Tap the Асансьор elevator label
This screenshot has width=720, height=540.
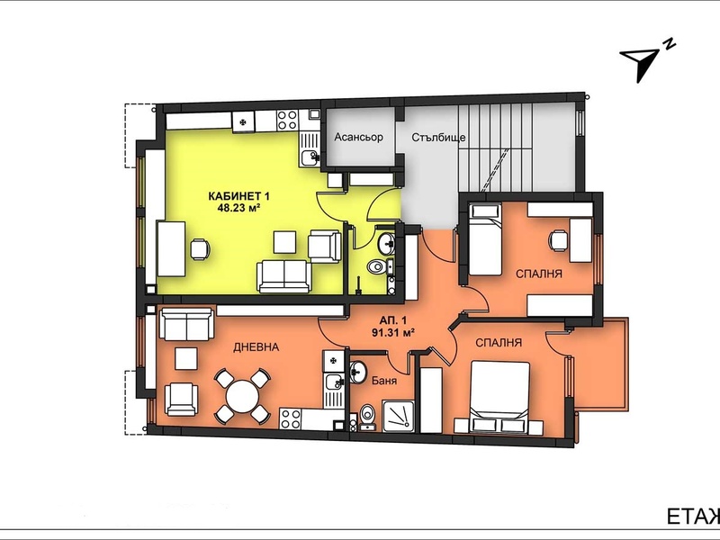click(x=358, y=137)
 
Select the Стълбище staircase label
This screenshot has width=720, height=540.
click(x=438, y=138)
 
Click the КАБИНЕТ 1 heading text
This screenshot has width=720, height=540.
click(x=238, y=196)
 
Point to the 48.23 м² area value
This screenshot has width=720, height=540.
click(x=238, y=207)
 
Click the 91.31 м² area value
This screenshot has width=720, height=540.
click(x=393, y=332)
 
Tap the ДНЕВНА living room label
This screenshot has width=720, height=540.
click(x=256, y=347)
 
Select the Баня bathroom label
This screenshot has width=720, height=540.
click(x=384, y=381)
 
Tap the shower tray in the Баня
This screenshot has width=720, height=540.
click(x=399, y=416)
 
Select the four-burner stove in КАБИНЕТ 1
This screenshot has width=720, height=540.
click(x=287, y=120)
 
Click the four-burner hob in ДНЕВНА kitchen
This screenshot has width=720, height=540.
click(x=291, y=418)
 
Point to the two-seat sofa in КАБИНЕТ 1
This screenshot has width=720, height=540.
click(x=284, y=276)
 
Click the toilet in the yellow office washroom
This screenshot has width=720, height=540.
click(x=377, y=266)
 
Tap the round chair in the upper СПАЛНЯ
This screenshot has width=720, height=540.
click(x=558, y=240)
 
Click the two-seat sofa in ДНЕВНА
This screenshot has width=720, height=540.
click(x=186, y=324)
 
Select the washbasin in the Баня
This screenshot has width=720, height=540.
click(x=357, y=370)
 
